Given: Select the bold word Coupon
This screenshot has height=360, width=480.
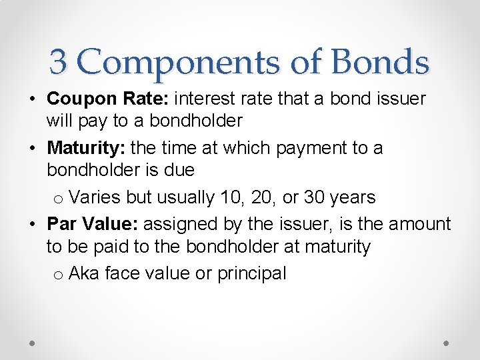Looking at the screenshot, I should point(83,99).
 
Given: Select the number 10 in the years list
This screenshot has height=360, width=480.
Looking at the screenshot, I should point(235,197).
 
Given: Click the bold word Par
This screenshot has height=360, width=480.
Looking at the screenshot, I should point(61,223).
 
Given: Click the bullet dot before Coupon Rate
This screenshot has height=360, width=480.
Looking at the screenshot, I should point(32,99).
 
